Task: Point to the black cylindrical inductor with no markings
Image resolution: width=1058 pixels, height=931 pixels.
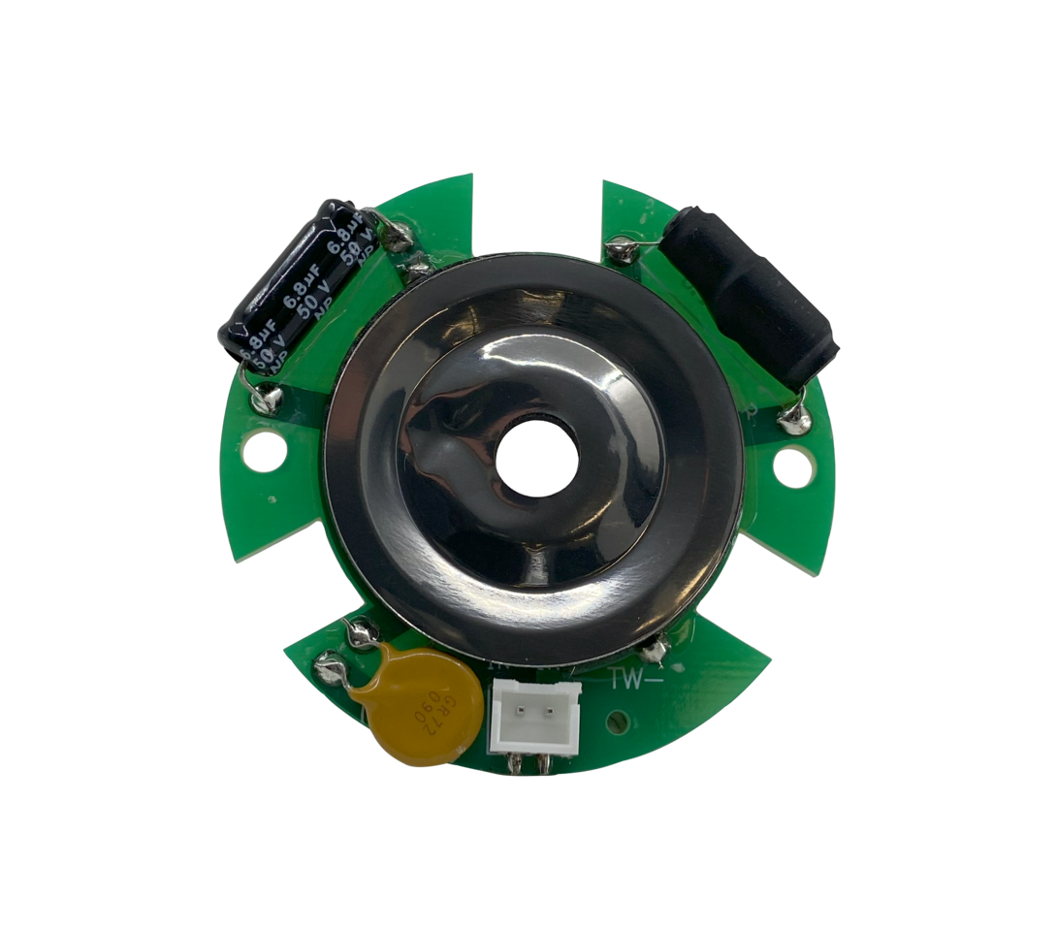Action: pos(749,295)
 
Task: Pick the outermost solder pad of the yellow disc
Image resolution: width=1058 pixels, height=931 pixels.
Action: pos(329,667)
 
